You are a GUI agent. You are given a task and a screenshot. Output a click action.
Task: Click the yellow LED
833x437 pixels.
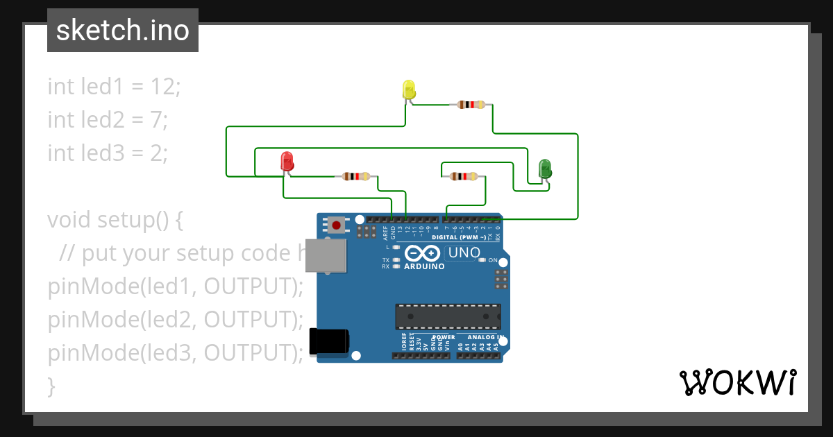pos(409,89)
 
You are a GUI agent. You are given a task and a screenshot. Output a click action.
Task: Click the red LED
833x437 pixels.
pos(287,162)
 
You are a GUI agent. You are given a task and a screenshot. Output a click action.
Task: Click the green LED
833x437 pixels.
pos(545,168)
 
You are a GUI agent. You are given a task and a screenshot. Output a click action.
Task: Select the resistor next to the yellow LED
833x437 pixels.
pos(471,105)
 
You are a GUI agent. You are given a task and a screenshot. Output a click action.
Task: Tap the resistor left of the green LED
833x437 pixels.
pos(464,176)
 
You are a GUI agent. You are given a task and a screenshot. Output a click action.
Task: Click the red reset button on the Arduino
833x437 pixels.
pos(337,225)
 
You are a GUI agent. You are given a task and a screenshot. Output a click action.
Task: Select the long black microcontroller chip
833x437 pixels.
pos(448,316)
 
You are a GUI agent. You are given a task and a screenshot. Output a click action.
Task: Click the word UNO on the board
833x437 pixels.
pos(464,252)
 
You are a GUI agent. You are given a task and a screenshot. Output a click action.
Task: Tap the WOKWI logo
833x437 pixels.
pos(737,382)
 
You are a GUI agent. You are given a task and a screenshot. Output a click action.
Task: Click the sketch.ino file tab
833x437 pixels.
pos(123,31)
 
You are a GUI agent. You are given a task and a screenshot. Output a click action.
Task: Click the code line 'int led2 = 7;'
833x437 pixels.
pos(108,119)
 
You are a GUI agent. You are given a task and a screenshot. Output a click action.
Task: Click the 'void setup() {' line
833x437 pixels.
pos(115,220)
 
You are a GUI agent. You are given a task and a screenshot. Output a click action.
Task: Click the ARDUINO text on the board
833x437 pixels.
pos(424,266)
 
